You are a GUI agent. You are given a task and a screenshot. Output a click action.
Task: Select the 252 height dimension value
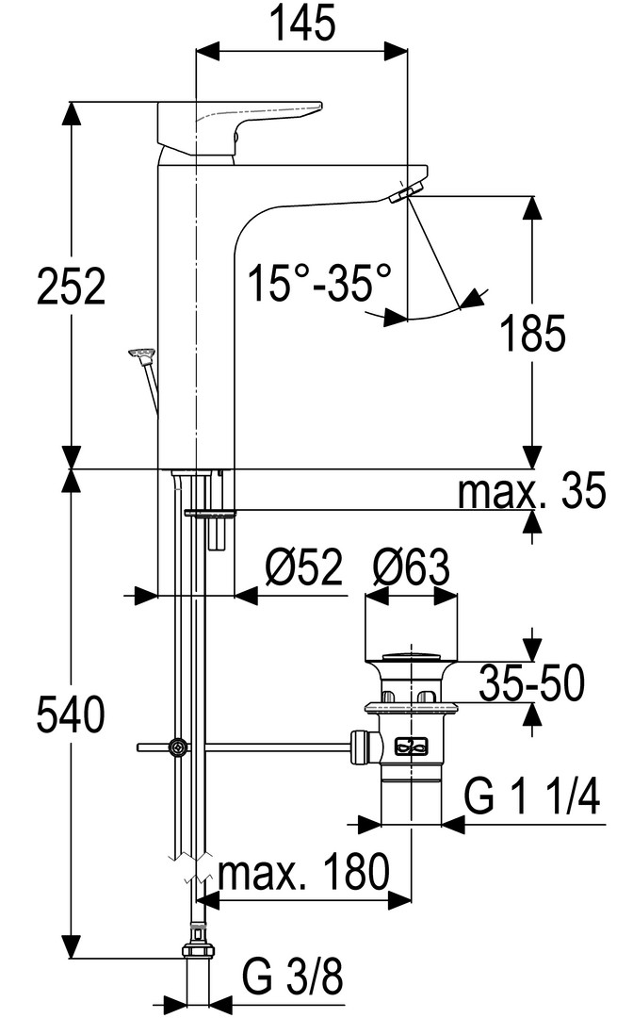(x=71, y=285)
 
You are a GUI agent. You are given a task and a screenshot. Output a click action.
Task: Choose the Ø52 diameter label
(x=303, y=569)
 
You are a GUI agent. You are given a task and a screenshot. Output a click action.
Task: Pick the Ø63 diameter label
(x=411, y=569)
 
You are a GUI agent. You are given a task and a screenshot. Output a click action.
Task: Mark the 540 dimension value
(x=71, y=716)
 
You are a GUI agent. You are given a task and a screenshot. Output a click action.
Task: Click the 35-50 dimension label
(x=530, y=683)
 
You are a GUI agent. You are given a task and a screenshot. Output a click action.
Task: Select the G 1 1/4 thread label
(x=532, y=798)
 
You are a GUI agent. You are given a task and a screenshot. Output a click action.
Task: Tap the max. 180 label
(x=303, y=873)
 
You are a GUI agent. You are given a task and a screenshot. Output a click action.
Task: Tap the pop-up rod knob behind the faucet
(x=142, y=354)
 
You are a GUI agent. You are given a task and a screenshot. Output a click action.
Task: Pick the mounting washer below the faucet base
(x=210, y=513)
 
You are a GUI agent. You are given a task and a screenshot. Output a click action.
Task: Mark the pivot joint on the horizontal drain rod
(x=176, y=747)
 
